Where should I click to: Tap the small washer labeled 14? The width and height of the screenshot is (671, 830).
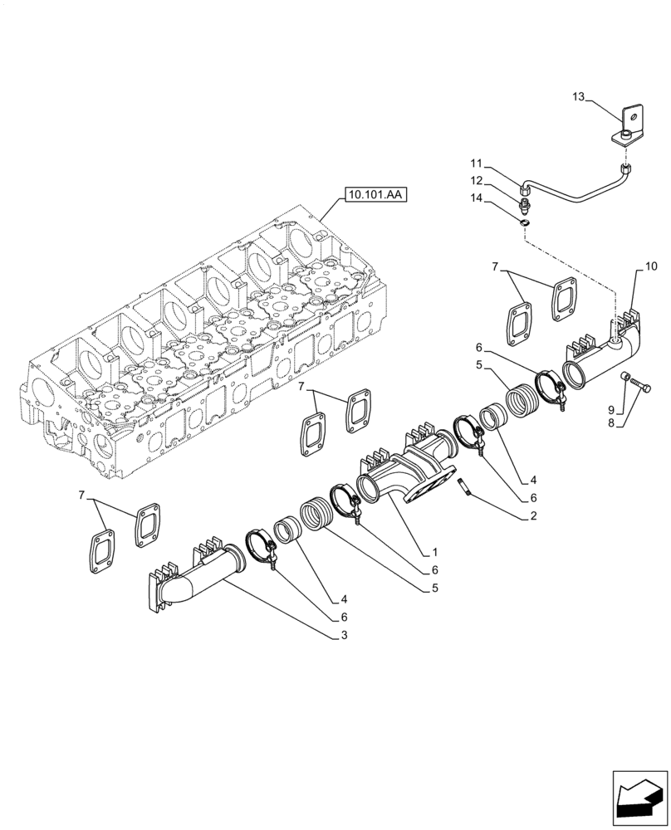tap(524, 222)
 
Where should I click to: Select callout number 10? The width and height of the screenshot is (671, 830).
tap(650, 266)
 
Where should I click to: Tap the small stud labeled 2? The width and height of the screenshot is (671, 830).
tap(467, 489)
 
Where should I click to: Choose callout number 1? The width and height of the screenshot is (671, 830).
tap(434, 552)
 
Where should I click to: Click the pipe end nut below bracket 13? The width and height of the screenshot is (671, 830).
tap(627, 169)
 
